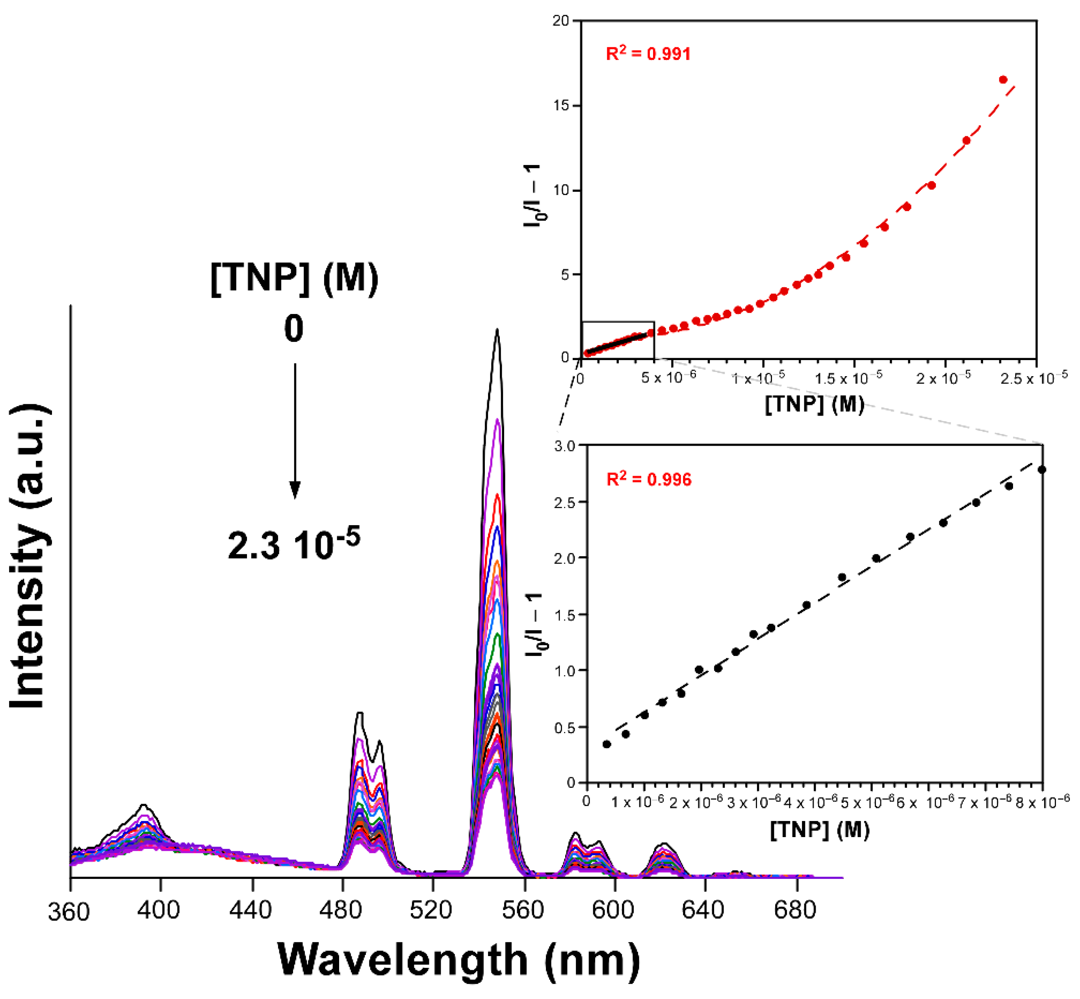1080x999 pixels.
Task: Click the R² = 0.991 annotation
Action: (648, 54)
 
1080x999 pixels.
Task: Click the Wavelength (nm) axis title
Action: (458, 960)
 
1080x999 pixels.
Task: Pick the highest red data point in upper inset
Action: (1003, 80)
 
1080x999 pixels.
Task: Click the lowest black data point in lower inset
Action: (607, 745)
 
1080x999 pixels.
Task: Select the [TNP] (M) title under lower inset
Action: (820, 829)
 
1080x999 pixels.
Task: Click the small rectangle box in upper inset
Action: (618, 340)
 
